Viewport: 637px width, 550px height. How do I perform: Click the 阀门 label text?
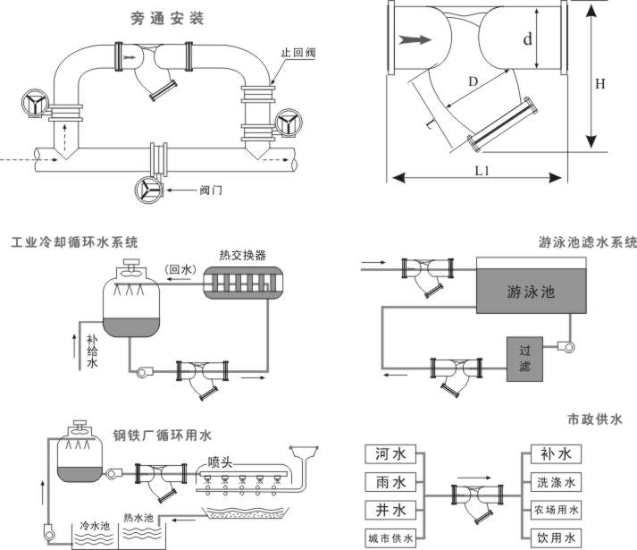pos(211,190)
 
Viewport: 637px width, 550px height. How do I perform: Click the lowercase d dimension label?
pos(527,39)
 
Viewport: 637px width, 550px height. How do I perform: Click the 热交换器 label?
pos(242,254)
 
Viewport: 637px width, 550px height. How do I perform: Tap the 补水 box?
pos(555,454)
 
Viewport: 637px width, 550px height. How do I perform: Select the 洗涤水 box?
pos(555,483)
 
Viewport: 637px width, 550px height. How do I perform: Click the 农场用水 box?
pos(555,511)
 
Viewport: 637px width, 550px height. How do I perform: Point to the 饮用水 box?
pos(555,538)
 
